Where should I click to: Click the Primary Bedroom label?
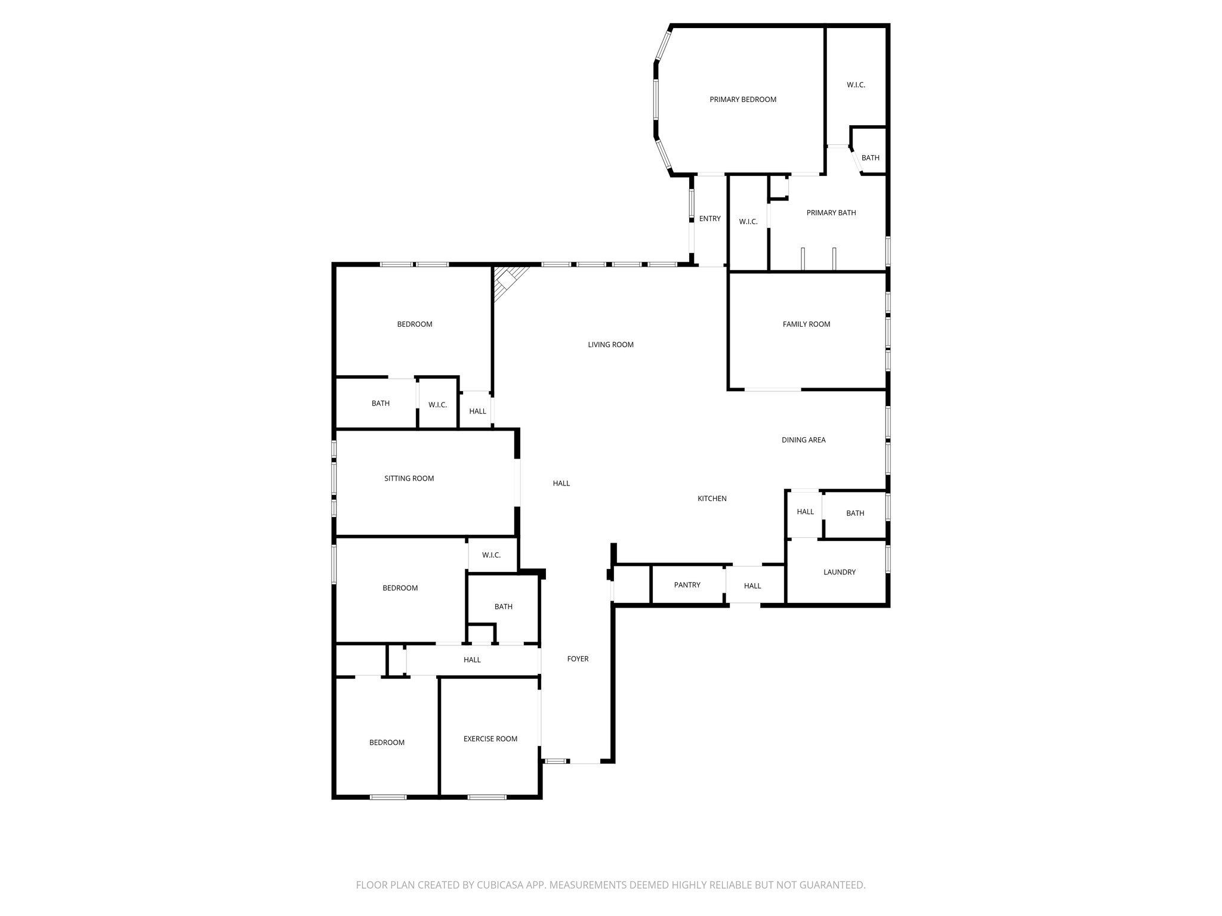click(x=743, y=100)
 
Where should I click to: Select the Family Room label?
click(x=806, y=324)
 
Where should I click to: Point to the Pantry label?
click(x=687, y=585)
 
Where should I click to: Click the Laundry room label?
click(x=839, y=572)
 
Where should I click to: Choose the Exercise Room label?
click(x=490, y=739)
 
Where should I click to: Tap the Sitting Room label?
click(x=409, y=478)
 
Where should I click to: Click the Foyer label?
click(x=578, y=659)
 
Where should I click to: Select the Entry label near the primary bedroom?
click(x=709, y=219)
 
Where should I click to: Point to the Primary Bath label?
click(x=831, y=213)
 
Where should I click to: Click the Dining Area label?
click(x=803, y=440)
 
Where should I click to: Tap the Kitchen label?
click(x=712, y=499)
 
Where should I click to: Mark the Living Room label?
click(x=610, y=345)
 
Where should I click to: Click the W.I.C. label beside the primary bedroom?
click(x=856, y=85)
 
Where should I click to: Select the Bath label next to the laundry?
click(x=854, y=513)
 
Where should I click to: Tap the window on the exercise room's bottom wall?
click(x=486, y=797)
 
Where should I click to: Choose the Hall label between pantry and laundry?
click(x=752, y=586)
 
